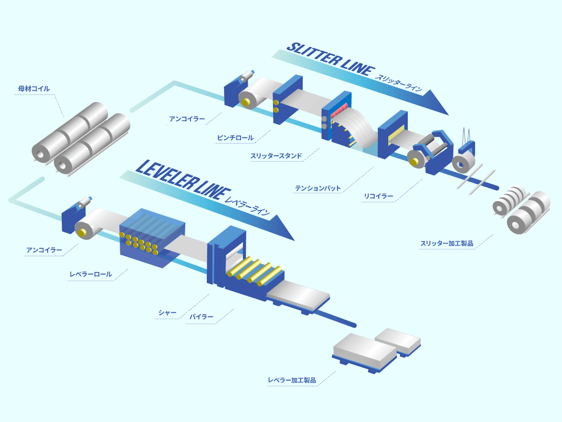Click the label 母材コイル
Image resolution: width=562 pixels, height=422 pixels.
point(34,89)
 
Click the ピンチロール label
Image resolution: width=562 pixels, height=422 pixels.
point(235,138)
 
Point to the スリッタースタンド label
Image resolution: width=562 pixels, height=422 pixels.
point(276,156)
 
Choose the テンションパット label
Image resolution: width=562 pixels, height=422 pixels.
point(318,188)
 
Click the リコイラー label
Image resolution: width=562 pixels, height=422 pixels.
point(378,196)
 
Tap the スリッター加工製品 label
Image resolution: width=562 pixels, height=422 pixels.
point(447,243)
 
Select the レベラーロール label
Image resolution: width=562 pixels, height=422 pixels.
point(91,274)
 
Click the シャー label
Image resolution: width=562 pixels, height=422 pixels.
point(167,313)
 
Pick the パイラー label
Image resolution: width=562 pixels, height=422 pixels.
point(201,317)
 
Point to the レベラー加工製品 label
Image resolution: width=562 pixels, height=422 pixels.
point(292,380)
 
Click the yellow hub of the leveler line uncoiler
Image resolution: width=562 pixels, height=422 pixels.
point(82,233)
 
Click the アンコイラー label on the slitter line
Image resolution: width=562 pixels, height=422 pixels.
point(187,119)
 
